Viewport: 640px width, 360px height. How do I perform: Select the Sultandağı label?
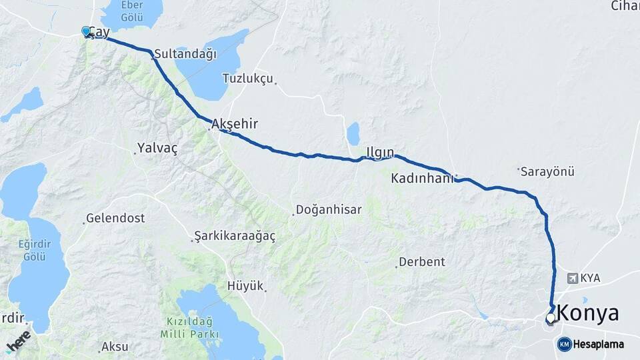tap(185, 54)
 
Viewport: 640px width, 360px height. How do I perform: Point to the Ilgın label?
tap(380, 151)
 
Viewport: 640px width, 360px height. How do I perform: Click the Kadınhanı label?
tap(422, 179)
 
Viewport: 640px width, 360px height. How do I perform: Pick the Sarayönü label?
tap(547, 171)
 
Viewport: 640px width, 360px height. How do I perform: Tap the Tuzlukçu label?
tap(248, 79)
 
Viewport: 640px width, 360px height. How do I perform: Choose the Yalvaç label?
tap(157, 148)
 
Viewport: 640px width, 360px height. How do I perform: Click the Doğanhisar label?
tap(329, 209)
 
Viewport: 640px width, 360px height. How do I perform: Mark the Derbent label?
tap(421, 262)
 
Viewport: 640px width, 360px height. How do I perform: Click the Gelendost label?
tap(115, 218)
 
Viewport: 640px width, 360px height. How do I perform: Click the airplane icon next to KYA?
tap(572, 277)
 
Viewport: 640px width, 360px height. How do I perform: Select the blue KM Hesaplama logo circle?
tap(564, 344)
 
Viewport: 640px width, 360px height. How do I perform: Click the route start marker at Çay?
tap(86, 31)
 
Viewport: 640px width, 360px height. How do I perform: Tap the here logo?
tap(18, 341)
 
